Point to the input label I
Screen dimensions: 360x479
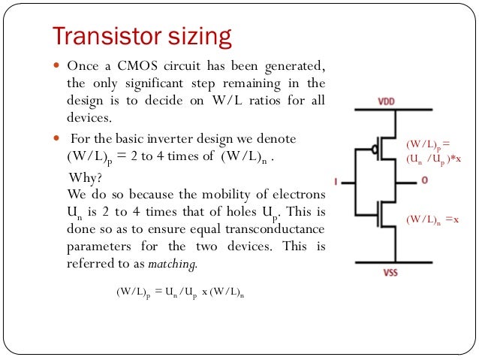pyautogui.click(x=337, y=181)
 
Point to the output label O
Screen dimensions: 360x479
pyautogui.click(x=424, y=181)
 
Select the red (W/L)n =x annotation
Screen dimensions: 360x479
pyautogui.click(x=431, y=220)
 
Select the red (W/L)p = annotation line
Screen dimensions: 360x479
pyautogui.click(x=427, y=143)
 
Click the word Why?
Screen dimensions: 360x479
pyautogui.click(x=84, y=178)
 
